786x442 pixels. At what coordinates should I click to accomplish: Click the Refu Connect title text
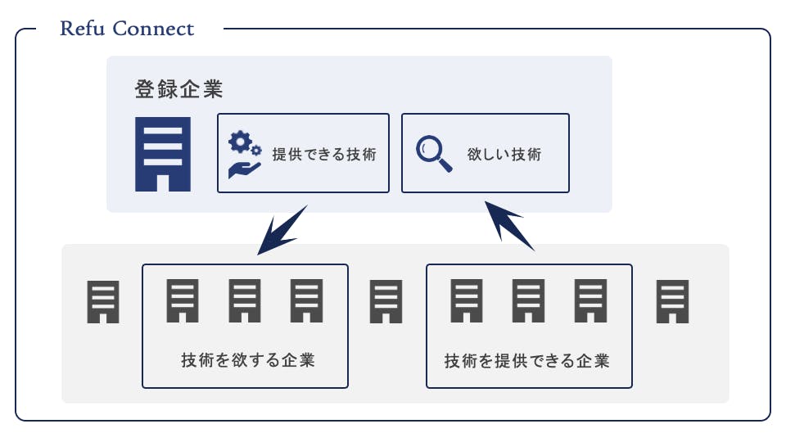(x=127, y=29)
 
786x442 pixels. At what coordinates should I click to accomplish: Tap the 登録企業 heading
(x=179, y=88)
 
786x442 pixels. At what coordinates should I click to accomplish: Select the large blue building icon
(x=163, y=154)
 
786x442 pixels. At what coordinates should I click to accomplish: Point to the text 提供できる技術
(x=323, y=154)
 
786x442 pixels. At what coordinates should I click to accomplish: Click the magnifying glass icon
(x=434, y=153)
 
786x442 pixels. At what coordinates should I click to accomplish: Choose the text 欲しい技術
(x=504, y=154)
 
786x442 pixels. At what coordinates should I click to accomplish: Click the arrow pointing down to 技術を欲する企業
(x=282, y=228)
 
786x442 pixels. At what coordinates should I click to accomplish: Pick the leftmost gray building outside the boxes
(x=104, y=301)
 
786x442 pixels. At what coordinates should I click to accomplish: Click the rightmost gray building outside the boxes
(x=673, y=301)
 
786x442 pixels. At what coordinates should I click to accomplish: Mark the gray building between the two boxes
(x=386, y=301)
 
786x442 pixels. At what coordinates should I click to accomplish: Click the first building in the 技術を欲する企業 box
(x=183, y=301)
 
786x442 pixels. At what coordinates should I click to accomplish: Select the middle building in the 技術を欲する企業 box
(x=244, y=301)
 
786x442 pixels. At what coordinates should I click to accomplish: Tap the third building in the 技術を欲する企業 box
(x=307, y=301)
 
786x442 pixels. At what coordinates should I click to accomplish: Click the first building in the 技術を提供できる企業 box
(x=467, y=301)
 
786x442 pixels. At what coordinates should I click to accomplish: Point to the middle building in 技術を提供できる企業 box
(x=528, y=301)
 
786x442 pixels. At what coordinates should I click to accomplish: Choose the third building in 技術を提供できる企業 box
(x=590, y=301)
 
